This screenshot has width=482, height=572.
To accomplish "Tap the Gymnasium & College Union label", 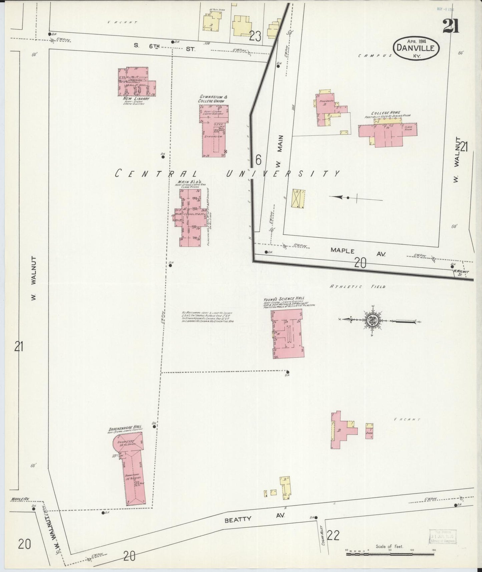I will point(213,99).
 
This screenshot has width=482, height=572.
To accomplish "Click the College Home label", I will point(387,113).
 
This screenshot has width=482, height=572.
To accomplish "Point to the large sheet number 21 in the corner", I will point(450,26).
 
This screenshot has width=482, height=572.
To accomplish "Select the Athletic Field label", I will point(357,287).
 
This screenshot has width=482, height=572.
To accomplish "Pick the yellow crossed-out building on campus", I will point(298,199).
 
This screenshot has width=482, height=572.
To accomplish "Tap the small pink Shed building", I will point(369,431).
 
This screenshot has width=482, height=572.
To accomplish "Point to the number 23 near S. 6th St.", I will point(255,36).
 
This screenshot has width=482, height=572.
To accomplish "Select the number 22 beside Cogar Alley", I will point(333,535).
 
